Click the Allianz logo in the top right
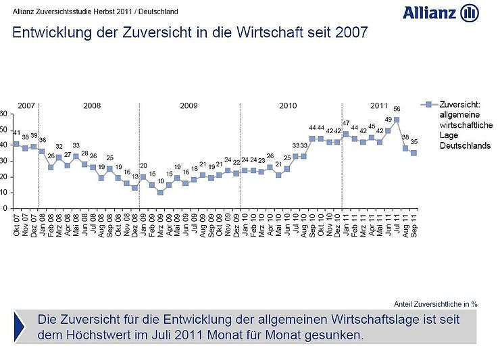(x=441, y=12)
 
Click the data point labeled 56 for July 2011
(x=396, y=120)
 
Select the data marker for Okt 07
(x=16, y=144)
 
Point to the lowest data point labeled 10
(x=160, y=193)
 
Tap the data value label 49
(x=388, y=122)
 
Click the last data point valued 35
(x=413, y=153)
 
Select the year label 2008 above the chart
(x=92, y=106)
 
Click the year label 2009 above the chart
(x=189, y=106)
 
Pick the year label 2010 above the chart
(x=289, y=106)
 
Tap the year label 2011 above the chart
(x=378, y=106)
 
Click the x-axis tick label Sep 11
(x=413, y=221)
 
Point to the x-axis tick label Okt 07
(x=17, y=221)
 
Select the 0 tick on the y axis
(x=4, y=208)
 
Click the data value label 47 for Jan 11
(x=346, y=124)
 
